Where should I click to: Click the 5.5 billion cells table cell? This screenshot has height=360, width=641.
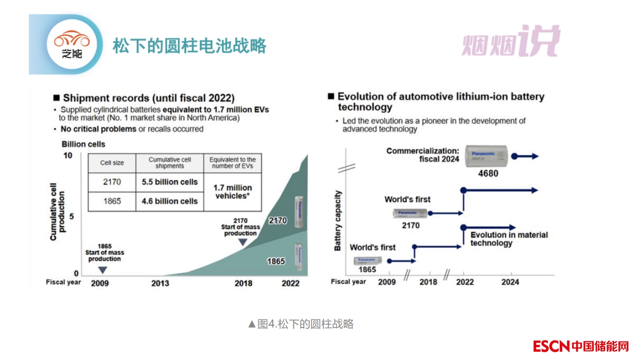[170, 182]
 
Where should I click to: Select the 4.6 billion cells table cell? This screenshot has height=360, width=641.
[170, 201]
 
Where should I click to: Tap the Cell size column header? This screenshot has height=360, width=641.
[112, 163]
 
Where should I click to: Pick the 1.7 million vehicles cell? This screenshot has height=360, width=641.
[233, 191]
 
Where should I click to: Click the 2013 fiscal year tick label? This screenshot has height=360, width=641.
[160, 283]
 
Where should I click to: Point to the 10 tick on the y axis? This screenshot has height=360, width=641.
[67, 156]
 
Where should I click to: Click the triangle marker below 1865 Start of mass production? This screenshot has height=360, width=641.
[103, 270]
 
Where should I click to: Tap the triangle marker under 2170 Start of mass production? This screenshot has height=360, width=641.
[242, 242]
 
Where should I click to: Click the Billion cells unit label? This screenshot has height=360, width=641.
[83, 144]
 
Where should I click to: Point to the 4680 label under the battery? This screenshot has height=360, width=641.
[488, 174]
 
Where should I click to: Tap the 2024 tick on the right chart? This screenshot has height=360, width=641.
[510, 282]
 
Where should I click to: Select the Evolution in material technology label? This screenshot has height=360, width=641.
[509, 239]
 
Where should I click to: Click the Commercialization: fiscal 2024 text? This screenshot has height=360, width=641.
[422, 155]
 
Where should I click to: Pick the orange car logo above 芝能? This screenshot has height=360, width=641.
[72, 40]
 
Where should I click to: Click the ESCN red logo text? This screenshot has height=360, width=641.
[551, 346]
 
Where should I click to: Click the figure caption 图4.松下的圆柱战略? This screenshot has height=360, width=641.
[301, 324]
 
